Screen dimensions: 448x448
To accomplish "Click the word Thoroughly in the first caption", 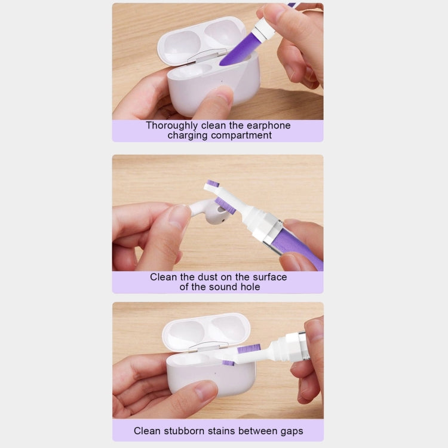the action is [171, 125].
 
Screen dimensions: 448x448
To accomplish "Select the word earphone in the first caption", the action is [268, 125].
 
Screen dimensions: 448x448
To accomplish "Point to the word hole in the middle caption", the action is [250, 287].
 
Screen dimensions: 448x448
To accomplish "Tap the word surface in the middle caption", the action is [270, 277].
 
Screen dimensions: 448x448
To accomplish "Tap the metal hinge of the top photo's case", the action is [207, 55].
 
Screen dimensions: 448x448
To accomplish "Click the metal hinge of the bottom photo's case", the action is [208, 347].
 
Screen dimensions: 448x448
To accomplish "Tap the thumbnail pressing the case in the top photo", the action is [223, 96].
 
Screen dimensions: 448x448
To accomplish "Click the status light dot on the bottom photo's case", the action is [214, 373].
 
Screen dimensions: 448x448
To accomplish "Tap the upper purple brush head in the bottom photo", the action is [249, 349].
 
